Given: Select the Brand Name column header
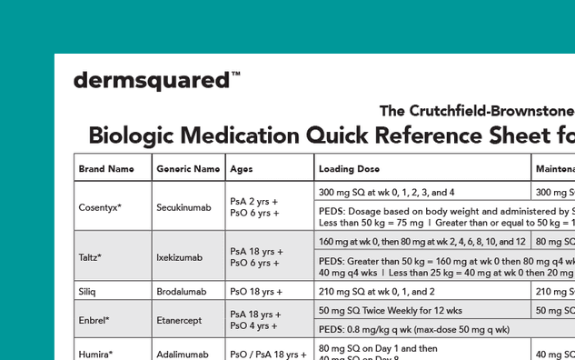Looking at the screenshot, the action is (x=101, y=169).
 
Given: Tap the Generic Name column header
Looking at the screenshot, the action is (x=188, y=169).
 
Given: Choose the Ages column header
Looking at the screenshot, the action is (x=241, y=169).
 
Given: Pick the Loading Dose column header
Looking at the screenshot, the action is (x=350, y=169).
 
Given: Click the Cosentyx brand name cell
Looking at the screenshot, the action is (x=100, y=207).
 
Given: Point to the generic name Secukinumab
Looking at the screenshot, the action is (x=183, y=207).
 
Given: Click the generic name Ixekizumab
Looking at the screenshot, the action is (x=181, y=257).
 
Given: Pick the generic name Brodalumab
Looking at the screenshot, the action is (x=183, y=292).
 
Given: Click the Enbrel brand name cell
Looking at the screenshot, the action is (x=94, y=320).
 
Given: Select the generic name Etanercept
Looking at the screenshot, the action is (x=182, y=320).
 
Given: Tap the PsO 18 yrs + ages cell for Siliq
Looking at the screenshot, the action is (x=253, y=292).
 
